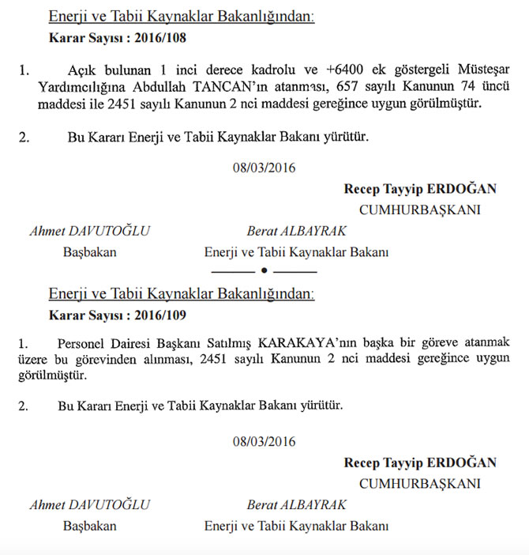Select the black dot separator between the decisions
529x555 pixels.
264,272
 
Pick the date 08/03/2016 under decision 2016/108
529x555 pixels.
264,167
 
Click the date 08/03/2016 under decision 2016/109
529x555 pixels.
264,442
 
